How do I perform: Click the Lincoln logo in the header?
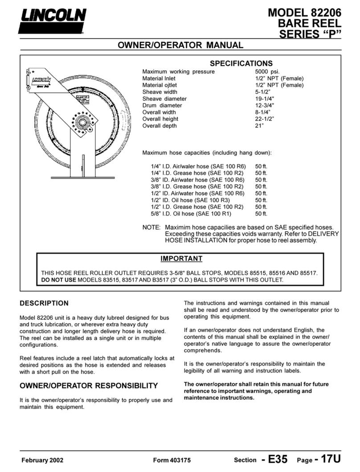pyautogui.click(x=52, y=20)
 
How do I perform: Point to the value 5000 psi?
pyautogui.click(x=267, y=72)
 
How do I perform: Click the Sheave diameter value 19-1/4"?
pyautogui.click(x=264, y=98)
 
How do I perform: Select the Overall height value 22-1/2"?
pyautogui.click(x=265, y=119)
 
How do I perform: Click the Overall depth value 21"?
pyautogui.click(x=259, y=126)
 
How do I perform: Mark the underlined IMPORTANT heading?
pyautogui.click(x=181, y=259)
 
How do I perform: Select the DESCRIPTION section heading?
pyautogui.click(x=45, y=303)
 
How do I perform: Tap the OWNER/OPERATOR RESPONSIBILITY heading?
pyautogui.click(x=89, y=385)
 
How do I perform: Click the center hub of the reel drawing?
pyautogui.click(x=82, y=121)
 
